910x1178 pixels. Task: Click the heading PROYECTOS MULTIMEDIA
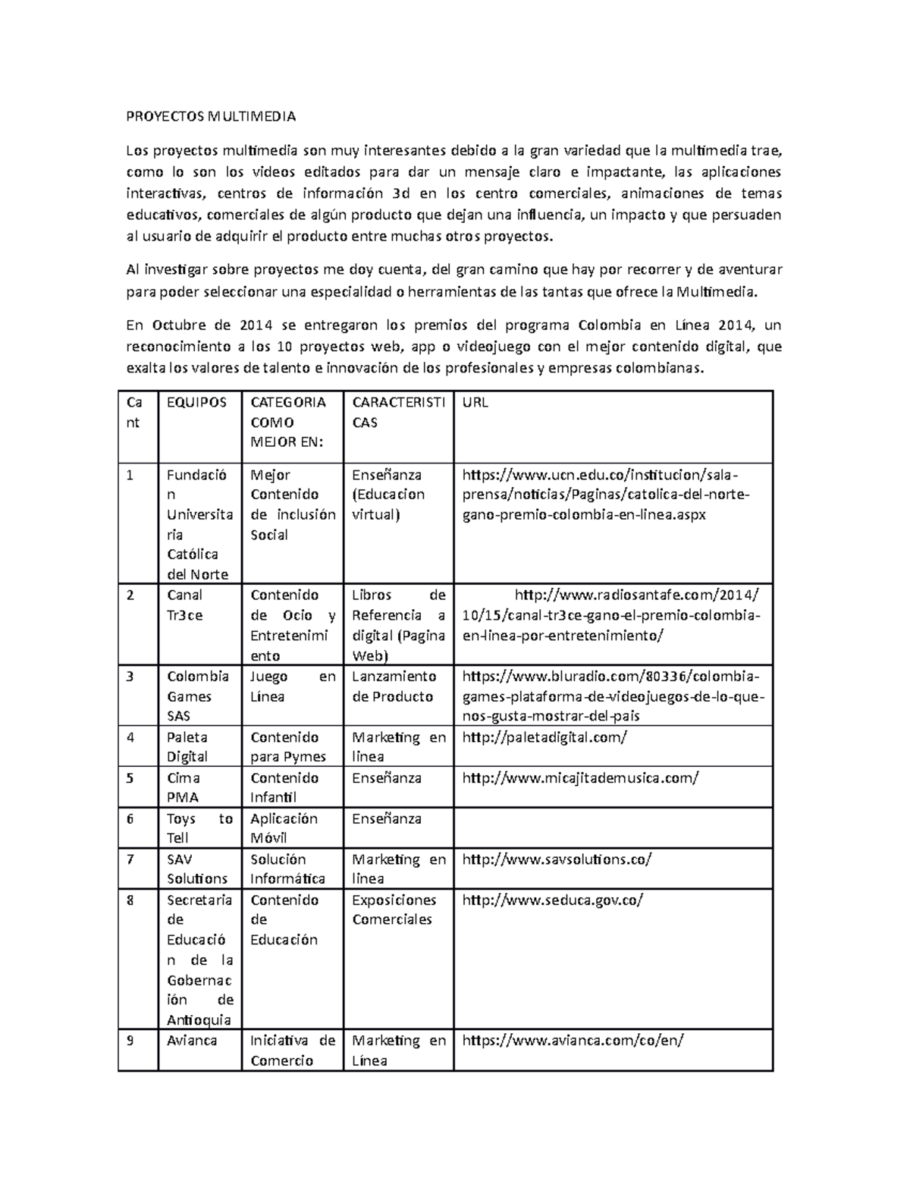(x=210, y=117)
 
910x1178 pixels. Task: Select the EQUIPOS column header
(x=196, y=403)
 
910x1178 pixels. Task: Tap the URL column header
(x=475, y=403)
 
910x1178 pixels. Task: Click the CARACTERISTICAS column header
(x=398, y=413)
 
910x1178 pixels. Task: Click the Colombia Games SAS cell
(x=198, y=696)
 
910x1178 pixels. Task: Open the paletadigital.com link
(x=544, y=737)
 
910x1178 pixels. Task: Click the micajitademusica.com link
(x=580, y=777)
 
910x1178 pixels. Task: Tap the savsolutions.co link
(x=557, y=859)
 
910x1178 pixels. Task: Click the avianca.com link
(x=573, y=1041)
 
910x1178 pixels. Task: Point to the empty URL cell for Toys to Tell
(x=613, y=828)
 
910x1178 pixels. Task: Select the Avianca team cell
(x=192, y=1041)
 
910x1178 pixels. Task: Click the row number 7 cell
(x=137, y=869)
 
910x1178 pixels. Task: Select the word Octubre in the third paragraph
(x=178, y=325)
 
